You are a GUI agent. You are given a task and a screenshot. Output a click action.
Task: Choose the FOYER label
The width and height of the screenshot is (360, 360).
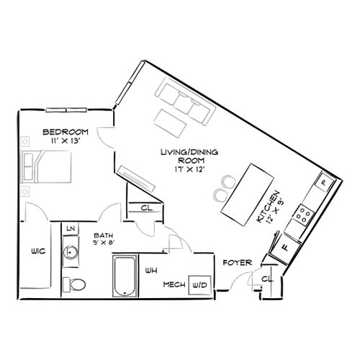click(235, 262)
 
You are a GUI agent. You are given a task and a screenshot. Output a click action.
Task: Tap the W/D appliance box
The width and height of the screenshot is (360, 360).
click(199, 286)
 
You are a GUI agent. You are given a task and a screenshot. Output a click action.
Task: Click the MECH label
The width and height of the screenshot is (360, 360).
click(173, 286)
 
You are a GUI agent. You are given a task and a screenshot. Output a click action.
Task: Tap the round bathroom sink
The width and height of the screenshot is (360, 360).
click(71, 253)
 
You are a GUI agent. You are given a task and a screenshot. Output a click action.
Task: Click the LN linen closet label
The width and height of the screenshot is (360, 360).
click(71, 228)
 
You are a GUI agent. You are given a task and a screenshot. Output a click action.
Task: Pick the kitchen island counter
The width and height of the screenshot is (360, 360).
click(242, 192)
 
